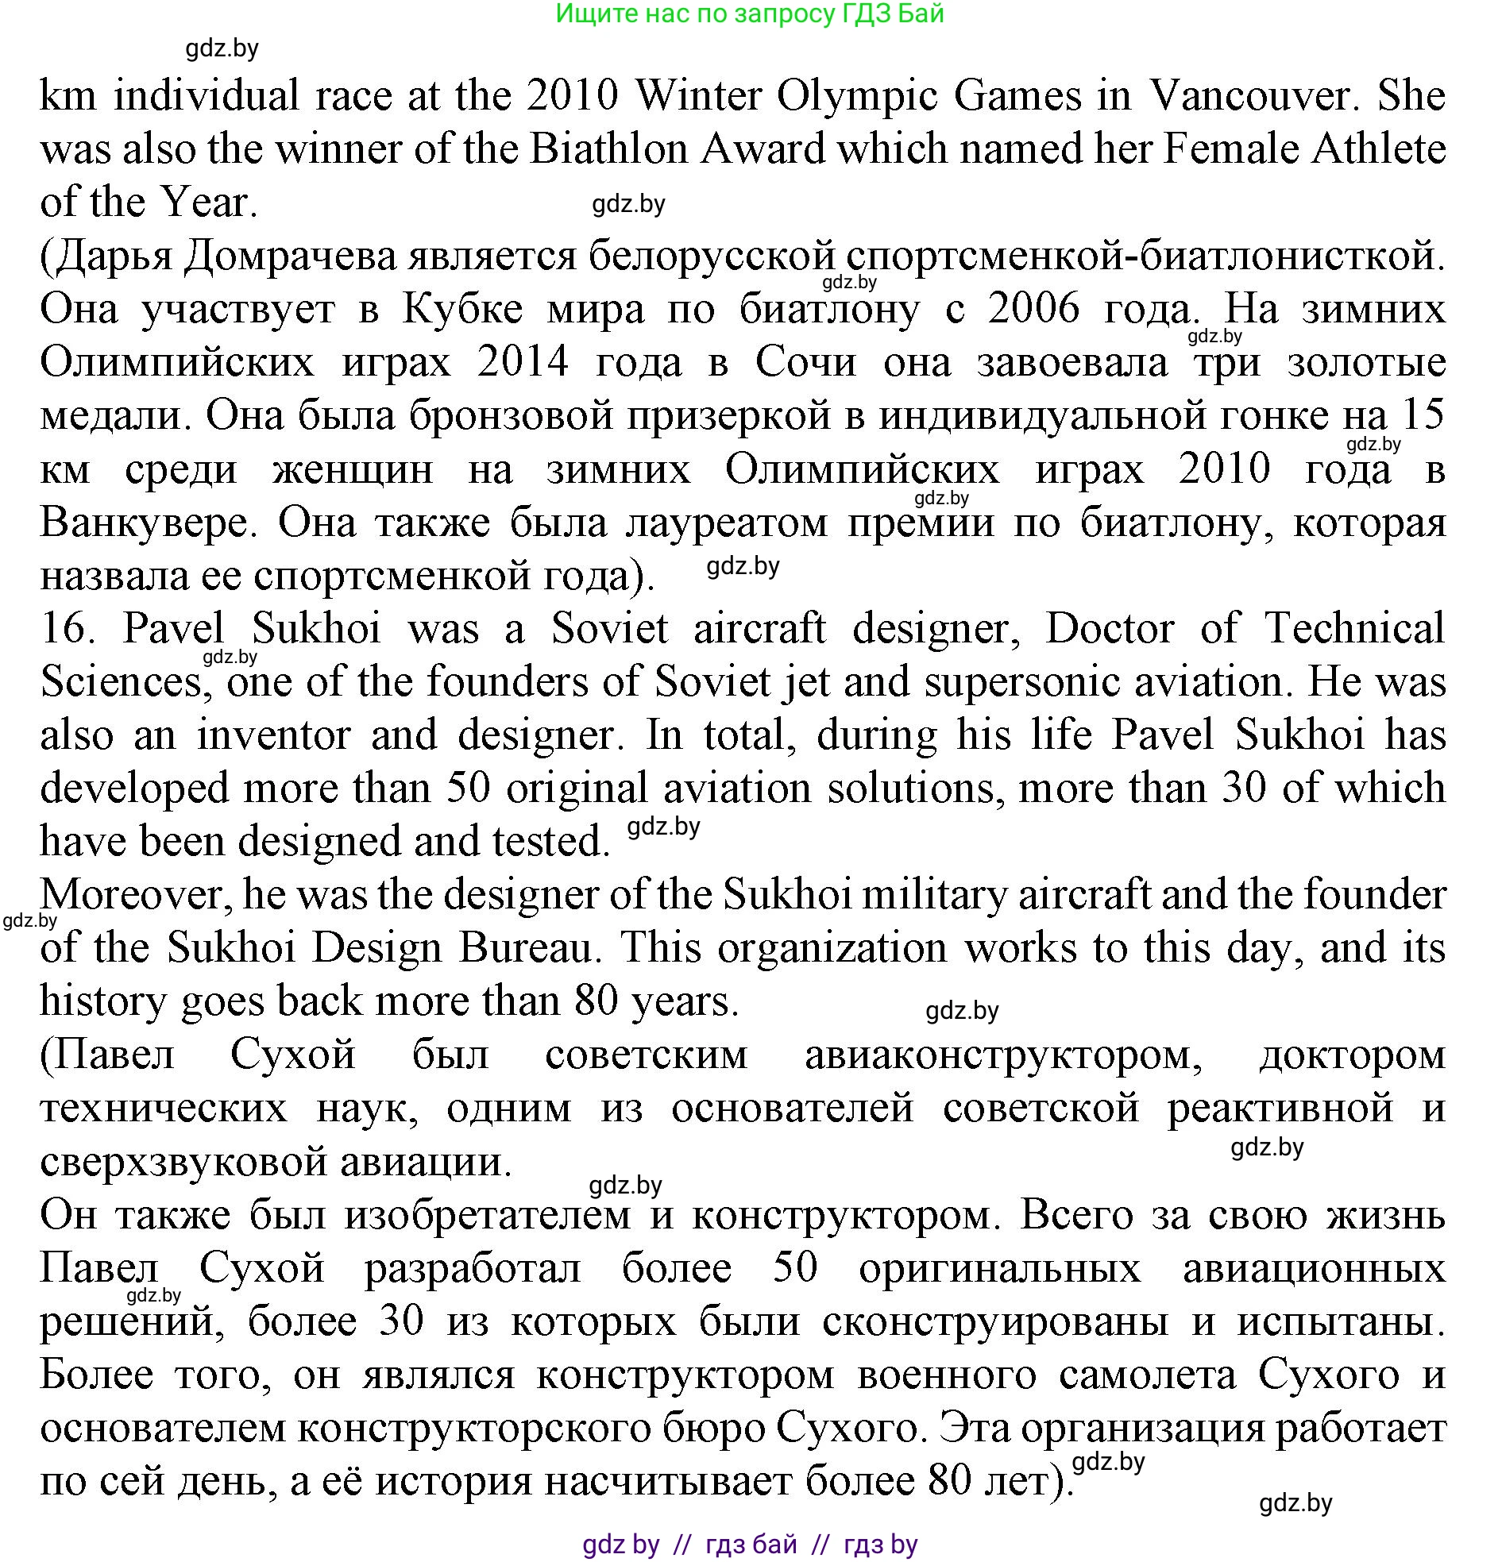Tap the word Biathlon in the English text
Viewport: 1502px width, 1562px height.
click(608, 149)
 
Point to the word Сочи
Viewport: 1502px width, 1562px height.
click(806, 362)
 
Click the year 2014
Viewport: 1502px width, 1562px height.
click(523, 362)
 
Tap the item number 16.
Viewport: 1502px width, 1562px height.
click(68, 628)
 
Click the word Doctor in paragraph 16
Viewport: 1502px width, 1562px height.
click(1110, 628)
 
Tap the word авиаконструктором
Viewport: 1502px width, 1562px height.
click(1004, 1055)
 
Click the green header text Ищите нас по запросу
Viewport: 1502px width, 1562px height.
click(693, 13)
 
